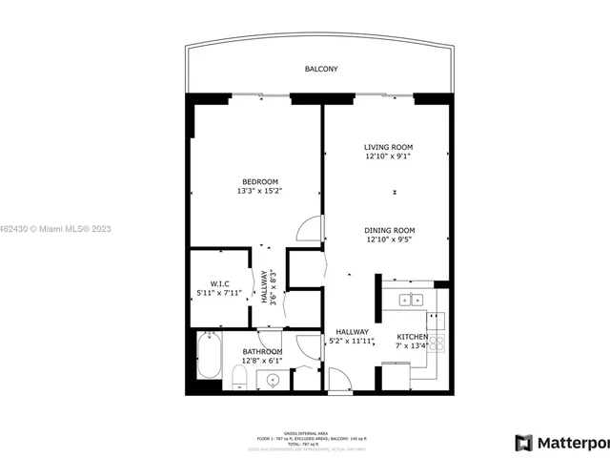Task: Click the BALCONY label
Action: coord(321,70)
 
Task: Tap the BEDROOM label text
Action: coord(259,181)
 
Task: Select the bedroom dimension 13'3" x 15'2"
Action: coord(259,191)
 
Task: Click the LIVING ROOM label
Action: coord(395,147)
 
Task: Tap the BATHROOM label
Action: coord(261,351)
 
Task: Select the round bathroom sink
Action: coord(274,381)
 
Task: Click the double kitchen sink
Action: coord(411,300)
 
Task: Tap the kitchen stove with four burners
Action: coord(437,342)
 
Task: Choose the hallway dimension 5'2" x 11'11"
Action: coord(352,341)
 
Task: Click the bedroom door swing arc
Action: coord(310,229)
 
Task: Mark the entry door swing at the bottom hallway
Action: coord(340,380)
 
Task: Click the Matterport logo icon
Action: coord(523,443)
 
